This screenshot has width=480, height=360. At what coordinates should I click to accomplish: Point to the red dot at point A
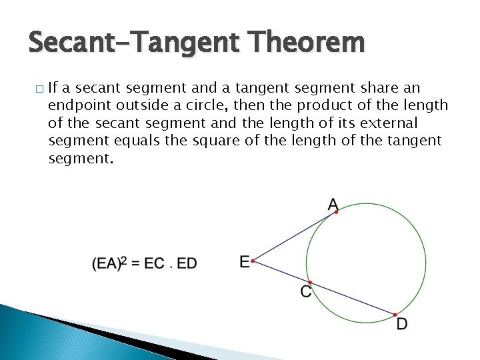337,212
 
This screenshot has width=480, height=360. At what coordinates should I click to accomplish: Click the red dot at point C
310,282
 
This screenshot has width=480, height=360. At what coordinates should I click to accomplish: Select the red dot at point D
395,315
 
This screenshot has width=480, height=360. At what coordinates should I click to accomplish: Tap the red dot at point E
254,261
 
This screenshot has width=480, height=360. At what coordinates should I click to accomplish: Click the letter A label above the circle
333,203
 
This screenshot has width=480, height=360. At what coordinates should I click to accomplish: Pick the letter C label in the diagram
305,292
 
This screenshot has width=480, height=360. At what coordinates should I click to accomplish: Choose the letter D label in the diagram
402,325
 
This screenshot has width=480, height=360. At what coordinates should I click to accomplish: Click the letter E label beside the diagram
245,261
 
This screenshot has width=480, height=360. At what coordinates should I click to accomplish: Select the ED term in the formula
187,263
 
